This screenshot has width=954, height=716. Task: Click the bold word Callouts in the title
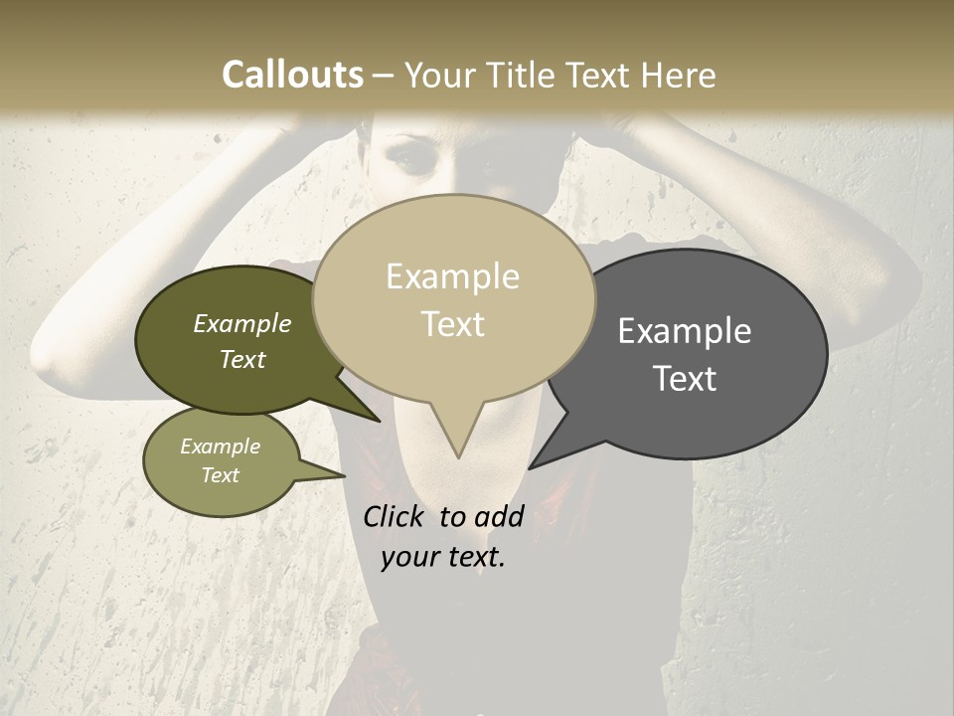[x=292, y=75]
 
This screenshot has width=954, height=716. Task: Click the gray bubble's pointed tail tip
[x=531, y=467]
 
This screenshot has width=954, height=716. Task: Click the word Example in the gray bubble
[x=685, y=331]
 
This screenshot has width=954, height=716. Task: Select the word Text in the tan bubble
[x=453, y=324]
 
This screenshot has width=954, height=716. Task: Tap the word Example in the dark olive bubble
[x=241, y=324]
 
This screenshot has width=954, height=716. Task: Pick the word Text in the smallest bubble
[x=220, y=475]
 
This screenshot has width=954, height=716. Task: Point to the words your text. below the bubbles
[x=443, y=557]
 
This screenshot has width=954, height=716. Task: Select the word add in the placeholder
[x=499, y=516]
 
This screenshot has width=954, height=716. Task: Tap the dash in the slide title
[x=384, y=76]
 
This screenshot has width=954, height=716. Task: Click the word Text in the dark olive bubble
[x=241, y=359]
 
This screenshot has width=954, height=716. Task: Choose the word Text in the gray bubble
[x=686, y=379]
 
